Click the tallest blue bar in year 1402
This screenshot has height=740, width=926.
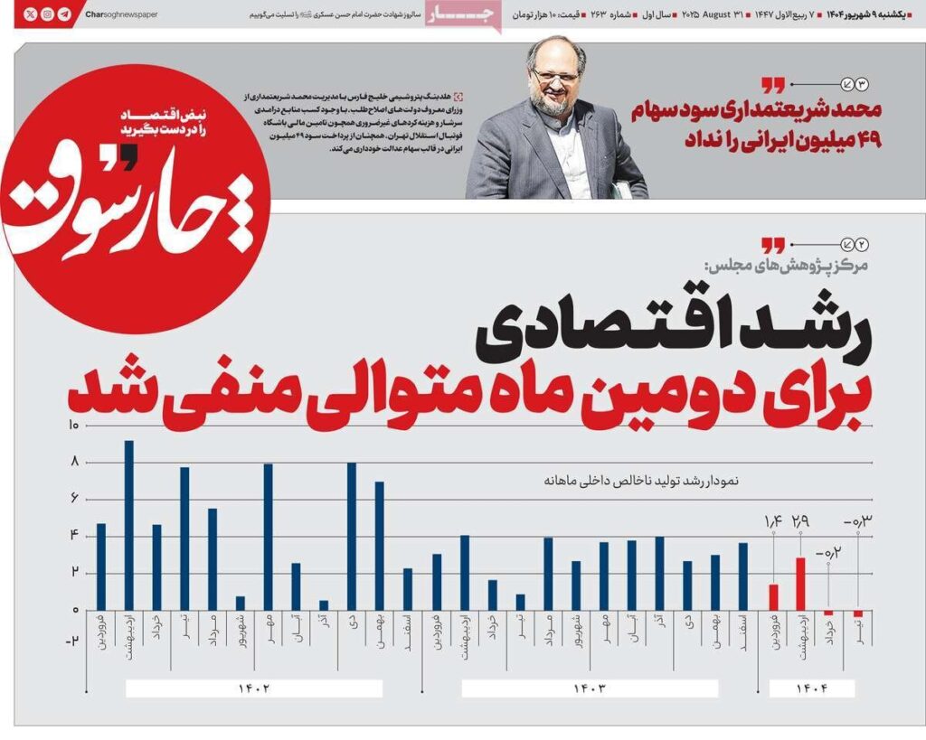129,524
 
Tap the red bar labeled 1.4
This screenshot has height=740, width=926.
773,596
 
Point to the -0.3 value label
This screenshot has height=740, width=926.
855,521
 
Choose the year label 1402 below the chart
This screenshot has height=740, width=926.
254,688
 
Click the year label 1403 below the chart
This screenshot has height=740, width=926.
589,688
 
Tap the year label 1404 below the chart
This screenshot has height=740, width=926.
811,688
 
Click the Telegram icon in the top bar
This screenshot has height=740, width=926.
64,14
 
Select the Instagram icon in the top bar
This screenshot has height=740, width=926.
47,14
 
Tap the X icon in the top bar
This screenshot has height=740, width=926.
30,14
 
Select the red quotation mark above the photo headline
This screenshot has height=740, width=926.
772,86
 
